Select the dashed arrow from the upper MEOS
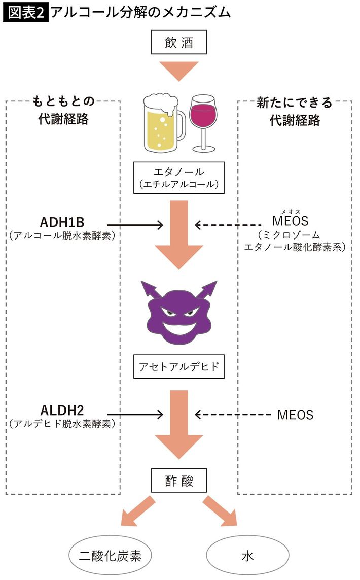pyautogui.click(x=228, y=224)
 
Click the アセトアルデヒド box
pyautogui.click(x=179, y=366)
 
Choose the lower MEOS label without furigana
pyautogui.click(x=296, y=415)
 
